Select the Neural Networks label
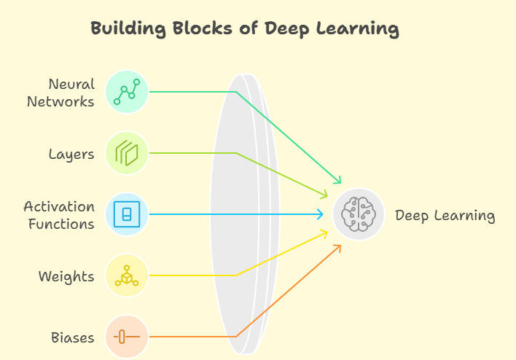click(x=60, y=93)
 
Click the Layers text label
click(x=71, y=154)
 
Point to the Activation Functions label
click(x=59, y=215)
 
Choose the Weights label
click(x=66, y=276)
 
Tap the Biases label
click(x=72, y=337)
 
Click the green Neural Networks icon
click(x=127, y=92)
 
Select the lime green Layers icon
click(x=127, y=153)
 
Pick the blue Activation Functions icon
click(x=127, y=214)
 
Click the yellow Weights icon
click(x=127, y=275)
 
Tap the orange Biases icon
click(x=127, y=337)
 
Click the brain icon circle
click(x=359, y=214)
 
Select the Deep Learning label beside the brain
click(x=445, y=216)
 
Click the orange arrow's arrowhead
click(x=338, y=247)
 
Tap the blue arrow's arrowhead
click(x=321, y=214)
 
